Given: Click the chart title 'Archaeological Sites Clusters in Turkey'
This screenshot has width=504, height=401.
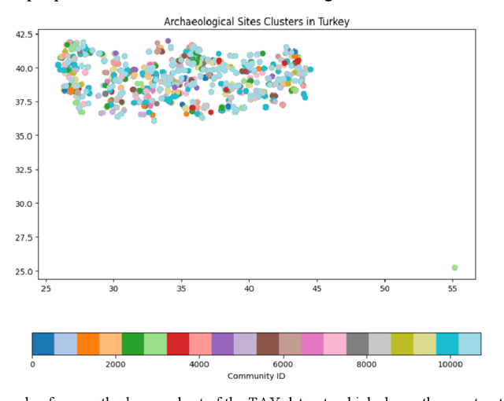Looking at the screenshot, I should tap(256, 22).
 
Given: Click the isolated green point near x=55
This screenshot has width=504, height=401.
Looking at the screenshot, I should tap(454, 267).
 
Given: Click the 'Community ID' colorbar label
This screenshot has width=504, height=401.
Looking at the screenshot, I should tap(256, 377).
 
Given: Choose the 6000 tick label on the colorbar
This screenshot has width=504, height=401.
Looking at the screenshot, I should tap(283, 365).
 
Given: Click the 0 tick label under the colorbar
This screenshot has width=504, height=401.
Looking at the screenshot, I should tap(32, 365).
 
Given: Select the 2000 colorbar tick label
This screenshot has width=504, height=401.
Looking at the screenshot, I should tap(116, 365).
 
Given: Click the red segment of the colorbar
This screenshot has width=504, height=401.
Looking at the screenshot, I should tap(178, 344).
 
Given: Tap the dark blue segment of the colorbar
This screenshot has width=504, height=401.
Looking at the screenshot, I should tap(43, 344).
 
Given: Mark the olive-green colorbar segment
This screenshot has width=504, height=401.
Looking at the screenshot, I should tap(402, 344).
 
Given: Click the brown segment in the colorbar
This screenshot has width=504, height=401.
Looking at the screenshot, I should tap(268, 344).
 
